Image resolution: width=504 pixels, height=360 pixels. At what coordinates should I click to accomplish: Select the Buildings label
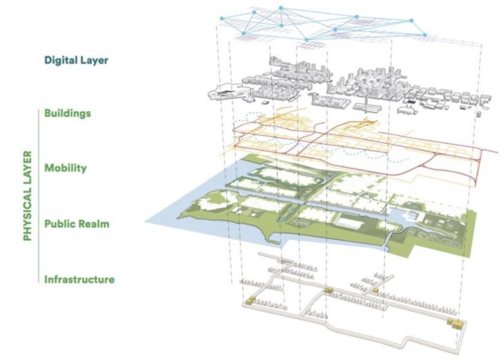pos(67,113)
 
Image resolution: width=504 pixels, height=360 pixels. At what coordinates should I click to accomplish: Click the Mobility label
pos(65,168)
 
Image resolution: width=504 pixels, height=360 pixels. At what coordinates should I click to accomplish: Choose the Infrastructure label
pos(79,280)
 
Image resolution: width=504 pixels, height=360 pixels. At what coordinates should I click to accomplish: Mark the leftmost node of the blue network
pos(222,18)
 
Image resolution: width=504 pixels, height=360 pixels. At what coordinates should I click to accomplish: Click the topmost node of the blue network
pos(281,8)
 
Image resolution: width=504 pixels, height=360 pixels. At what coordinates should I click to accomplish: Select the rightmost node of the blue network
pos(425,35)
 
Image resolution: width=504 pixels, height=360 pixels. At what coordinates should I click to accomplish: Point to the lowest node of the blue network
pos(306,39)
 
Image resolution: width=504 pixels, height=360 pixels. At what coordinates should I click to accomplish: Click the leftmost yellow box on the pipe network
pos(251,300)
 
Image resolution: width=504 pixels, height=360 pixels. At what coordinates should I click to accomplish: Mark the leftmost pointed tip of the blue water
pos(146,221)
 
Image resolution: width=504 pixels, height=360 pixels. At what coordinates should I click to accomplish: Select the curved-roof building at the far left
pos(221,91)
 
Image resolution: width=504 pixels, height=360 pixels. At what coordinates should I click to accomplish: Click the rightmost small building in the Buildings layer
pos(478,114)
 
